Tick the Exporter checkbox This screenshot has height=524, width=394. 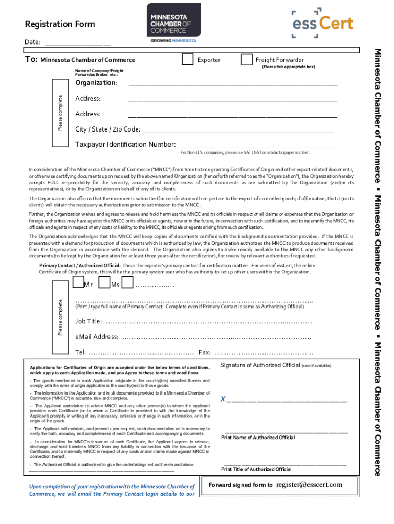tap(188, 60)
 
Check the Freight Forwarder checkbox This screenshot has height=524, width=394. tap(247, 60)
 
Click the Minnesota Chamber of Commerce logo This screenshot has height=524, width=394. tap(174, 23)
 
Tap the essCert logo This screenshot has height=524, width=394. tap(322, 23)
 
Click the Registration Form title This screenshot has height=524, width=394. tap(60, 24)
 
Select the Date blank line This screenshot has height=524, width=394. tap(77, 43)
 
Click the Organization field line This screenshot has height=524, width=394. tap(232, 84)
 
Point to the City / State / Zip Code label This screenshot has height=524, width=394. tap(107, 129)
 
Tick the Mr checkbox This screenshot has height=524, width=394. tap(78, 282)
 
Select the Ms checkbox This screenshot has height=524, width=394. tap(104, 282)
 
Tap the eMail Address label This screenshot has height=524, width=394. tap(97, 337)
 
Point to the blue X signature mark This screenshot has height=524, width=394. tap(223, 399)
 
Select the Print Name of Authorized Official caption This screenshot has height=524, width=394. tap(258, 438)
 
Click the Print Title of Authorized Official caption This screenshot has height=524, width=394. tap(256, 469)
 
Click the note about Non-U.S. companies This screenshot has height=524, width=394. tap(245, 153)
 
